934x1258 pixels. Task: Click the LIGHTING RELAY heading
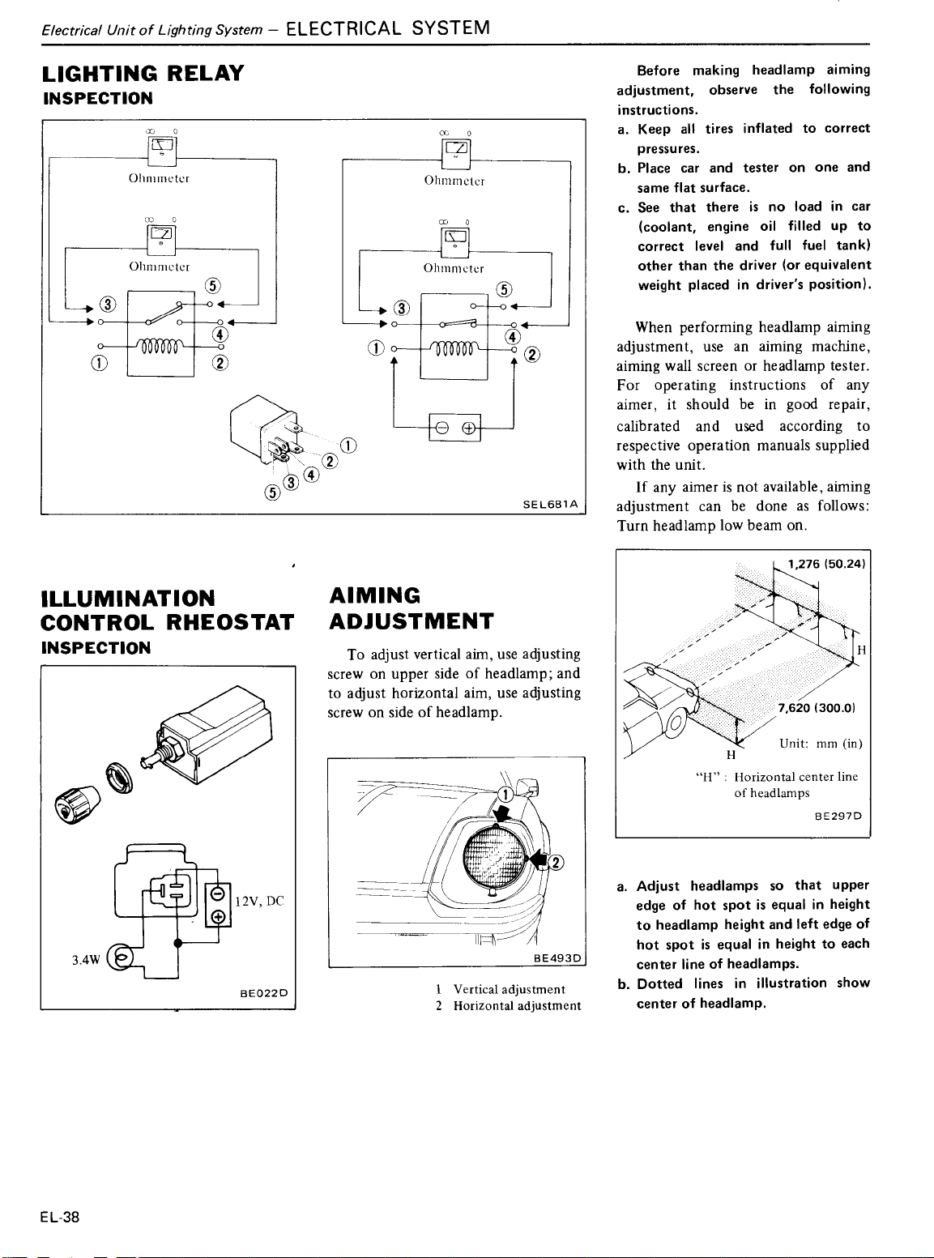click(x=143, y=74)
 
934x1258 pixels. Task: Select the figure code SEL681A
click(x=550, y=504)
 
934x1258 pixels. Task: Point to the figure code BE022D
click(x=264, y=992)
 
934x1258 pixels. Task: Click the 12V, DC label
click(x=258, y=901)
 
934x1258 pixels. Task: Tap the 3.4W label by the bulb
click(x=85, y=960)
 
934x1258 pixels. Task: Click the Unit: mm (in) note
click(x=820, y=743)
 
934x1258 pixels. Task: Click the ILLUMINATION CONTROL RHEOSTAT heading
click(x=167, y=610)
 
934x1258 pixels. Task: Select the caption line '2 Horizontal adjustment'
click(x=508, y=1006)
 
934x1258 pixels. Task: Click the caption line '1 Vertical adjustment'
click(x=500, y=989)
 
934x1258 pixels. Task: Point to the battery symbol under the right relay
click(x=454, y=428)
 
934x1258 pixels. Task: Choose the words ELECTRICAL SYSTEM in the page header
click(x=388, y=28)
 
